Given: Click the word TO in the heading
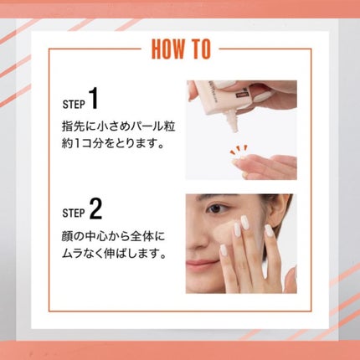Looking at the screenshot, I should point(201,49).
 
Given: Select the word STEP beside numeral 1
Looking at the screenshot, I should point(74,105).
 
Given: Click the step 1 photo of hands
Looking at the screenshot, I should point(241,130).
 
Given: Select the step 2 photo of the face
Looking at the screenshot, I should point(241,243).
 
